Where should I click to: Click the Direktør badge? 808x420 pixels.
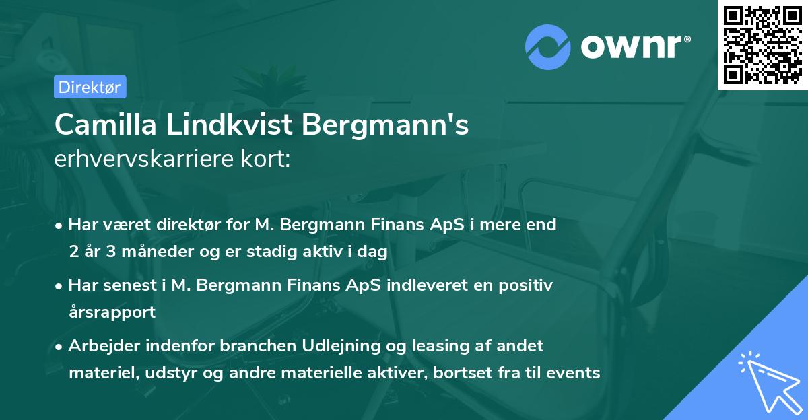click(x=90, y=87)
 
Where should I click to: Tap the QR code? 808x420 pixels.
click(x=763, y=45)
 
